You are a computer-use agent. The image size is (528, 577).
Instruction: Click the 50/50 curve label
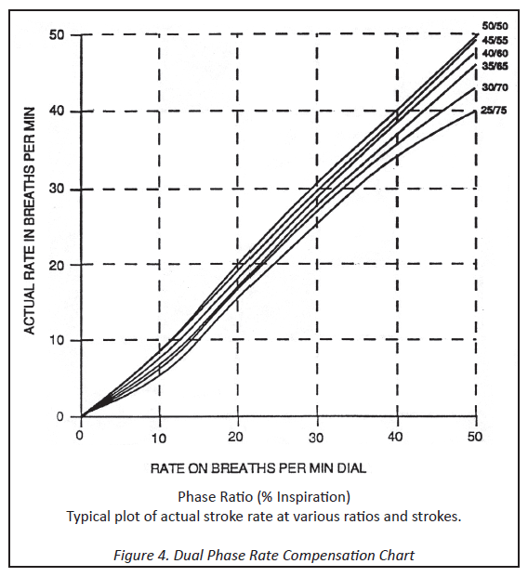[x=495, y=26]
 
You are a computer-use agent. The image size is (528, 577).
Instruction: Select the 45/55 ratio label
[x=495, y=40]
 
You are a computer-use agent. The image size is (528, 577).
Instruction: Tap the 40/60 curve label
[x=495, y=53]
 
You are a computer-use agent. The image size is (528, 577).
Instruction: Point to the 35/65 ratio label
[x=495, y=66]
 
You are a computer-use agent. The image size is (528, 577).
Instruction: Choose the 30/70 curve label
[x=495, y=87]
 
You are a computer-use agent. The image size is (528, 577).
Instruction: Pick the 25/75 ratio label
[x=494, y=110]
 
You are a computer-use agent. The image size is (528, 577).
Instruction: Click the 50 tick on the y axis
[x=57, y=35]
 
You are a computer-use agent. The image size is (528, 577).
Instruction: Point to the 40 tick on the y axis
[x=57, y=111]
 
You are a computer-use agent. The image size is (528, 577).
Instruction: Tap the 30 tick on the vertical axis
[x=57, y=190]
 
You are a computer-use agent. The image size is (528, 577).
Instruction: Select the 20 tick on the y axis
[x=57, y=265]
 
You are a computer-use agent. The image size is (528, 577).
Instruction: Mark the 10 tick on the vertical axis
[x=57, y=340]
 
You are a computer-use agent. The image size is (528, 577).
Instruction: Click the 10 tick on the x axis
[x=159, y=438]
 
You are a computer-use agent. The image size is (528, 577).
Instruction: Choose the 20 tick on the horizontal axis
[x=235, y=438]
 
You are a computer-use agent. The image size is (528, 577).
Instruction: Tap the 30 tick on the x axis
[x=315, y=438]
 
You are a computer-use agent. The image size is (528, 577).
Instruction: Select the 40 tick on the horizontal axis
[x=395, y=438]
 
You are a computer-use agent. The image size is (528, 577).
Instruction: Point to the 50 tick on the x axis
[x=475, y=437]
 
